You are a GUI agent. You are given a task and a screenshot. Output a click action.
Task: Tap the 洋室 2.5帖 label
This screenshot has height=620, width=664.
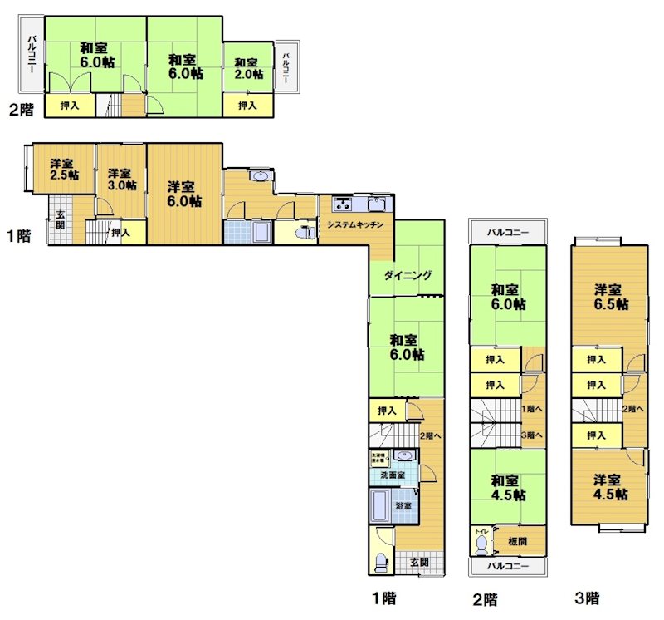pyautogui.click(x=64, y=169)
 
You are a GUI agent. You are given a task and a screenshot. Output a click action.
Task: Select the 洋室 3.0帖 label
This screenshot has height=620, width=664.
pyautogui.click(x=120, y=179)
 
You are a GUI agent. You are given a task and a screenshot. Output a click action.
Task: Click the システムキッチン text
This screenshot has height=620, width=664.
pyautogui.click(x=354, y=225)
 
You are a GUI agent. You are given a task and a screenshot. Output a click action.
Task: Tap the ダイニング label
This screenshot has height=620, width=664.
pyautogui.click(x=408, y=276)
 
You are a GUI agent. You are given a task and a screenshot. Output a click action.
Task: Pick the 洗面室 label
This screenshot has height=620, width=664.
pyautogui.click(x=393, y=475)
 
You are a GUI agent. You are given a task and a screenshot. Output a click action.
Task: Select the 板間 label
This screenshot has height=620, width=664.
pyautogui.click(x=520, y=541)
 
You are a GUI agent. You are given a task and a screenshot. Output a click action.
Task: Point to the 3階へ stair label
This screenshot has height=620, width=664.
pyautogui.click(x=532, y=435)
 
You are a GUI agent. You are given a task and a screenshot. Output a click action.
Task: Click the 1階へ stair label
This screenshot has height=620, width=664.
pyautogui.click(x=532, y=409)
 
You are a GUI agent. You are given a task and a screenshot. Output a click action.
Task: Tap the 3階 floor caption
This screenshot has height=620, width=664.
pyautogui.click(x=587, y=597)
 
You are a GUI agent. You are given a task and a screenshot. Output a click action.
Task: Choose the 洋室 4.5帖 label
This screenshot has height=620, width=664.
pyautogui.click(x=608, y=486)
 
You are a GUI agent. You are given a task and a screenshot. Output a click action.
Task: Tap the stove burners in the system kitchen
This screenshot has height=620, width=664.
pyautogui.click(x=343, y=204)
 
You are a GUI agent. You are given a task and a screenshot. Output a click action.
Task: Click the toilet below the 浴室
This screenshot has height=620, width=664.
pyautogui.click(x=381, y=563)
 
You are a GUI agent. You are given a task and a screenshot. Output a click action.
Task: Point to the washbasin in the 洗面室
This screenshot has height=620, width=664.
pyautogui.click(x=405, y=456)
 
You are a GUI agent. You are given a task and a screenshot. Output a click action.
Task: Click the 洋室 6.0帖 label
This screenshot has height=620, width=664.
pyautogui.click(x=181, y=193)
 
